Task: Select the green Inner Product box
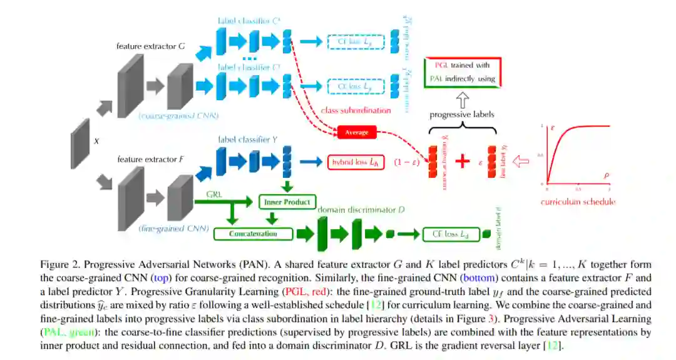click(285, 202)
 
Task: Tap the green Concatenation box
click(253, 234)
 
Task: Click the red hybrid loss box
click(354, 162)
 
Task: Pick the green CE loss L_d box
click(446, 234)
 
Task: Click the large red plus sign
click(463, 161)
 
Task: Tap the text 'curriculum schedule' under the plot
click(578, 202)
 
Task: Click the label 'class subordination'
click(356, 110)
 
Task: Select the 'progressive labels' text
click(462, 115)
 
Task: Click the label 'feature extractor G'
click(150, 46)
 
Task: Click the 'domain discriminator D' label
click(359, 209)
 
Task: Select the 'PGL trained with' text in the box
click(461, 65)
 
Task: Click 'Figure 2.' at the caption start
click(59, 265)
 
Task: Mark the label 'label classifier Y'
click(248, 140)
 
